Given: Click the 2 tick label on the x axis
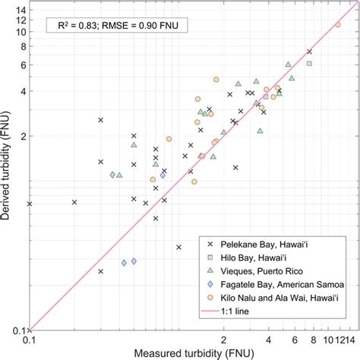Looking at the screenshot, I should pos(224,339).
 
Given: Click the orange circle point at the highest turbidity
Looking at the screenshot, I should pos(338,24).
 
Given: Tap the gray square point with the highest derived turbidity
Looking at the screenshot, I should pos(309,63).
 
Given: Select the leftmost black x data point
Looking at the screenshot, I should pos(30,204).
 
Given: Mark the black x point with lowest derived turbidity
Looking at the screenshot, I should pos(101,271).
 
